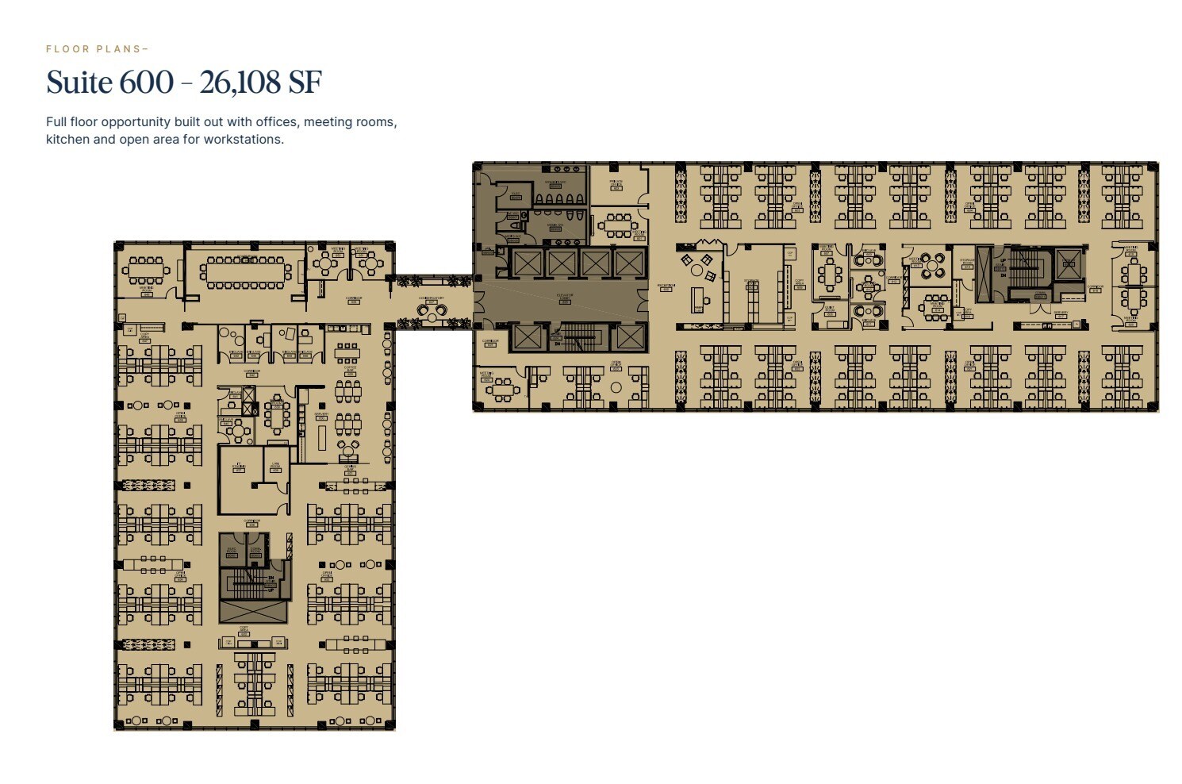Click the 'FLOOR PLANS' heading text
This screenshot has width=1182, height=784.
95,49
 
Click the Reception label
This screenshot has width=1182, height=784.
666,286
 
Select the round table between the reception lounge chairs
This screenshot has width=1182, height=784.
697,271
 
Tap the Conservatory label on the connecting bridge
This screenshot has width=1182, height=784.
432,299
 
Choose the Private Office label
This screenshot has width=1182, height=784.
616,183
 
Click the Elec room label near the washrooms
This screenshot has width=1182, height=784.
516,194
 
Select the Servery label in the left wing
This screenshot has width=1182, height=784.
321,413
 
